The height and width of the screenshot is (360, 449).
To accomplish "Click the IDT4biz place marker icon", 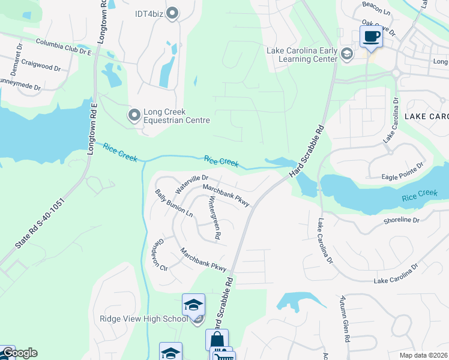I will point(173,13).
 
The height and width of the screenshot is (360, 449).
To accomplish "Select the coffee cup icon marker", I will point(370,37).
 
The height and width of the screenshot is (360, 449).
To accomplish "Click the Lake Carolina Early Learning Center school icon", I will point(346,55).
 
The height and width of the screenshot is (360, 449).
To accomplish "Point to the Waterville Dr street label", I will point(191,183).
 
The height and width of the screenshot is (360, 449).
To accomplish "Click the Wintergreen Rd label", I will point(214,219).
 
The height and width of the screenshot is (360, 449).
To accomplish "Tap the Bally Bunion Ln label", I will point(173,203).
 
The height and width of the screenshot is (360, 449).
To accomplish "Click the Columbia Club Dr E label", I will point(63,47).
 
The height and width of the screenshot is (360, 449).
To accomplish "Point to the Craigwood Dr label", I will point(41,65).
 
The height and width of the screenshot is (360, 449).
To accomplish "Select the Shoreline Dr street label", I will point(402,220).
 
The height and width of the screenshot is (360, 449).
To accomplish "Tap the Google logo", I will point(19,353).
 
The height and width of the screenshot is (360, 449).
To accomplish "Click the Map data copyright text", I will point(423,355).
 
